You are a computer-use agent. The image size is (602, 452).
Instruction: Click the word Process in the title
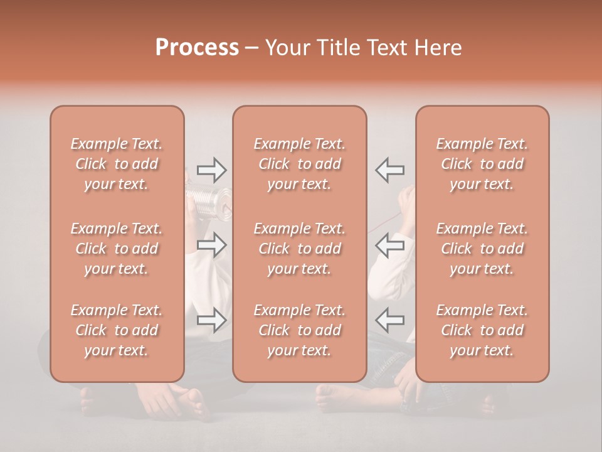[197, 48]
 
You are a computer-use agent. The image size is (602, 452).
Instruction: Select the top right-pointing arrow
[212, 169]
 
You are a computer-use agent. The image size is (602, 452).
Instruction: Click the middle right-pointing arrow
[212, 245]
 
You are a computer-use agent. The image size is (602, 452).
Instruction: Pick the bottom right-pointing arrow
[212, 320]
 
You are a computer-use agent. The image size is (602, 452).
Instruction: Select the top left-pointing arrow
[390, 169]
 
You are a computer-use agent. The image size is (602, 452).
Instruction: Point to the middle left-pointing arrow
[390, 245]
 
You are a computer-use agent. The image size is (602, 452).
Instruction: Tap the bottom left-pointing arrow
[390, 320]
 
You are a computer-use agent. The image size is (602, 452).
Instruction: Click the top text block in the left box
[117, 164]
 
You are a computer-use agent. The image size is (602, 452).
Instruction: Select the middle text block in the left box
[117, 249]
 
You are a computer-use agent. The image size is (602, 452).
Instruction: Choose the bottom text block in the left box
[117, 330]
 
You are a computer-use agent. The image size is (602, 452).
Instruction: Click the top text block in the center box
[300, 164]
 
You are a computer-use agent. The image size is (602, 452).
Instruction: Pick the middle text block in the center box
[300, 249]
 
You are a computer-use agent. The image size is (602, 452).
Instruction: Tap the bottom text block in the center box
[300, 330]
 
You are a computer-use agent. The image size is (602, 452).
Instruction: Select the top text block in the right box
[482, 164]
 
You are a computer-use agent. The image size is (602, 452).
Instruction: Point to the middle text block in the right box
[482, 249]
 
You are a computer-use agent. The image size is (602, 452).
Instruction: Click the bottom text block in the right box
[482, 330]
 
